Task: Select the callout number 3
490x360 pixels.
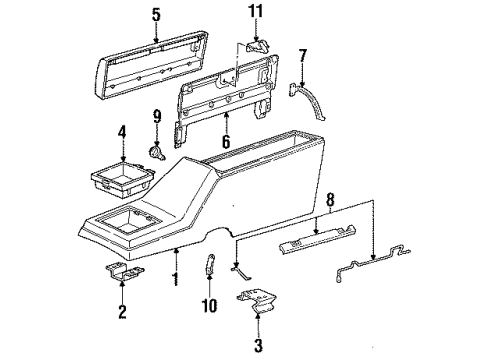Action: pyautogui.click(x=257, y=347)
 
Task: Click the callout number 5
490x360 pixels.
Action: pyautogui.click(x=155, y=15)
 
